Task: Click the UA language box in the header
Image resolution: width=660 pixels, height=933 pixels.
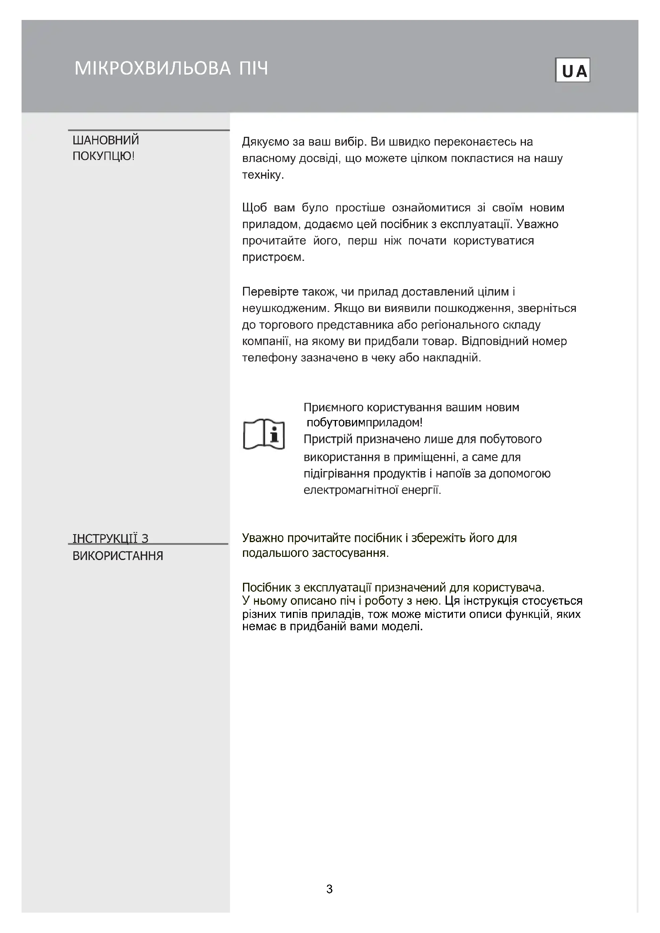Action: [x=572, y=70]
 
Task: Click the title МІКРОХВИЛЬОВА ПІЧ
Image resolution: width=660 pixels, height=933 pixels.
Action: [x=171, y=68]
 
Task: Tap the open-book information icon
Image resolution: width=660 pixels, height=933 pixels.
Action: [x=264, y=434]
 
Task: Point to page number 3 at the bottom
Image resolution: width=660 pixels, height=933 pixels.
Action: [x=329, y=889]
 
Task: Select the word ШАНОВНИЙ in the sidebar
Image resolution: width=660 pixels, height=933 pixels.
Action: [x=106, y=140]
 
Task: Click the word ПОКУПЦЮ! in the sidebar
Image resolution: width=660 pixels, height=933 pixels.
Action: [x=103, y=156]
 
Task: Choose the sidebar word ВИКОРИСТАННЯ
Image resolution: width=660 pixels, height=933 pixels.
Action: [x=117, y=556]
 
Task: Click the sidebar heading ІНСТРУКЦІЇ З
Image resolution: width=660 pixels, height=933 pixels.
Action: [x=110, y=538]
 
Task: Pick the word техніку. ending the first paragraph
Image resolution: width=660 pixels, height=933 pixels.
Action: [x=263, y=175]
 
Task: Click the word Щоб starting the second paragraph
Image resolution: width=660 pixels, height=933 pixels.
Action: [x=255, y=208]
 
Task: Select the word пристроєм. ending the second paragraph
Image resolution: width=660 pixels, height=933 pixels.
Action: [x=273, y=257]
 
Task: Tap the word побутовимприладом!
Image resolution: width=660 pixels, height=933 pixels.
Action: [x=364, y=422]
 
